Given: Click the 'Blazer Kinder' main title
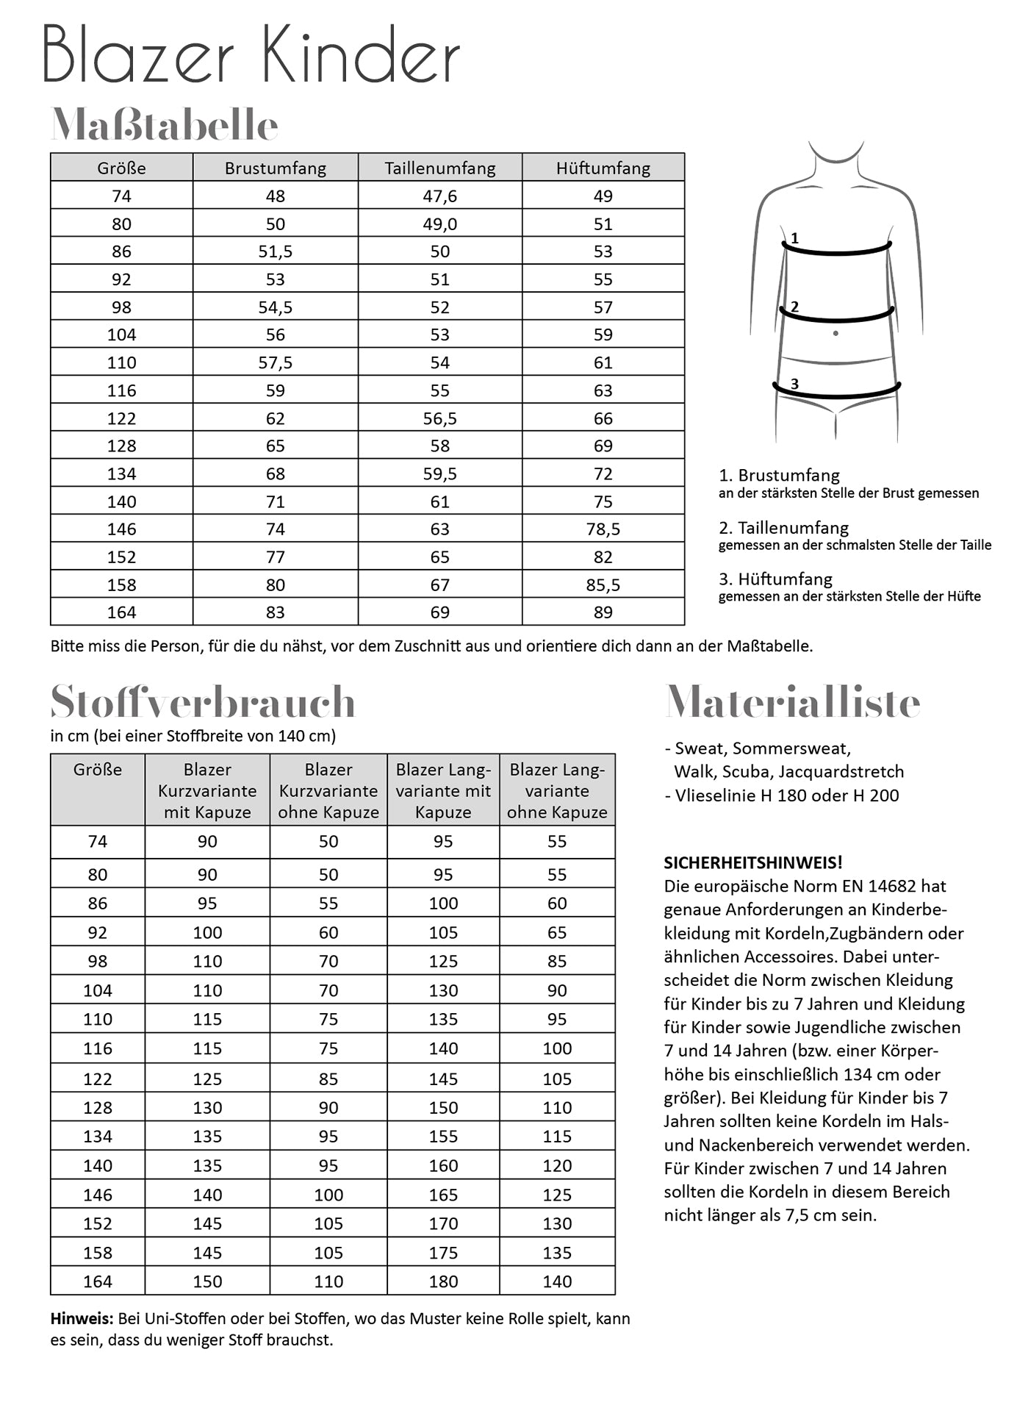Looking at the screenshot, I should [x=251, y=56].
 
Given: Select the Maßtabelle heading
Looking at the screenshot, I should [x=164, y=125].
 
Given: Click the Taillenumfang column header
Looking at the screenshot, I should [x=439, y=168].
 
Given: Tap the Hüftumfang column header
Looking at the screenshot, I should [x=603, y=168].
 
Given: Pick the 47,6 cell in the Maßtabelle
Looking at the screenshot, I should [x=439, y=196].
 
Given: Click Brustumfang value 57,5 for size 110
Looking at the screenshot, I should [x=275, y=362].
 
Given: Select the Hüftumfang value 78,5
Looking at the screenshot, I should [x=603, y=529].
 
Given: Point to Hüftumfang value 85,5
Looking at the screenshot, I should [x=603, y=585].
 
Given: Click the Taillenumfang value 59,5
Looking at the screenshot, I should [x=439, y=474].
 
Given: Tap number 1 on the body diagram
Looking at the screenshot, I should [x=794, y=238].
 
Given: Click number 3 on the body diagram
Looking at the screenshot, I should [x=794, y=383].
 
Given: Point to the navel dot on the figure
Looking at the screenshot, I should [x=835, y=334].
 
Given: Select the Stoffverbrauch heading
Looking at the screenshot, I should [x=203, y=702].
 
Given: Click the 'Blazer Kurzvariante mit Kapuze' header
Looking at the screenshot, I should [x=207, y=790].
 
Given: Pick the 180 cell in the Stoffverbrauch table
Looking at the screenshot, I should [x=443, y=1281].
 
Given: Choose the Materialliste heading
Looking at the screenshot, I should [x=792, y=702].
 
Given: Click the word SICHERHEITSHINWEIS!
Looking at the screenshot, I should [x=753, y=862].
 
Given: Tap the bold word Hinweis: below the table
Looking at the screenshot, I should [x=82, y=1318].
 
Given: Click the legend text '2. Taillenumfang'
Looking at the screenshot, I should [x=783, y=528].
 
